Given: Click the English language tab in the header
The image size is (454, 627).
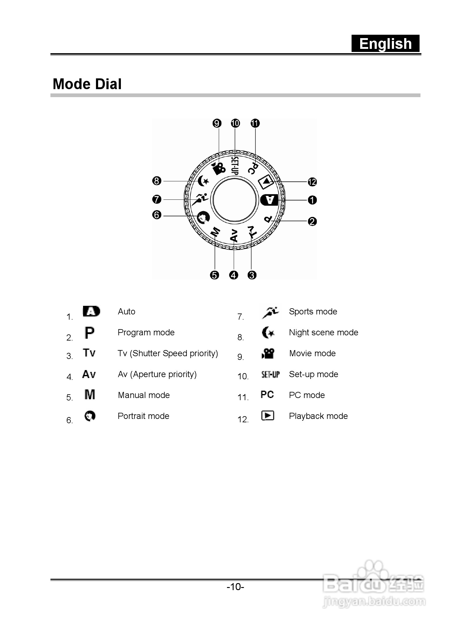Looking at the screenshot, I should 385,44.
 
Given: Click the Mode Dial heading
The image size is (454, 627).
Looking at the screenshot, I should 87,84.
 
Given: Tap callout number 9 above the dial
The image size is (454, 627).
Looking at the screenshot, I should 217,123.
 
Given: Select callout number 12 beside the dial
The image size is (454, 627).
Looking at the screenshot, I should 312,182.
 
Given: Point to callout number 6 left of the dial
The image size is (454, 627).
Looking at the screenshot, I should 157,215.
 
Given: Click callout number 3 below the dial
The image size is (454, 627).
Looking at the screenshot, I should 252,275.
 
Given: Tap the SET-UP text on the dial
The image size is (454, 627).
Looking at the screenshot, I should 234,165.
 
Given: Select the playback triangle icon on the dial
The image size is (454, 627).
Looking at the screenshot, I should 266,182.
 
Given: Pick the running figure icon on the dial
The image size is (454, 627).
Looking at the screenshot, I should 200,199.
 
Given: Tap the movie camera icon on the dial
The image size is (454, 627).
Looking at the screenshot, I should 219,168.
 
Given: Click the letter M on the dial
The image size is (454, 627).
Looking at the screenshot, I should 215,231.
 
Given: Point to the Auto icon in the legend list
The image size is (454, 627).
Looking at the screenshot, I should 91,311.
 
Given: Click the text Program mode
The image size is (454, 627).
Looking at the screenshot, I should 146,332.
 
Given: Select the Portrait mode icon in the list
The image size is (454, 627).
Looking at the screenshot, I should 90,416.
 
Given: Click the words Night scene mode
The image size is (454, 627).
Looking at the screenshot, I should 324,332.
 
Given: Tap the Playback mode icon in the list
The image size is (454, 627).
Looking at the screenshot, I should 267,416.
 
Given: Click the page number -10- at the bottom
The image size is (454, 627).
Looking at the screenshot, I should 235,587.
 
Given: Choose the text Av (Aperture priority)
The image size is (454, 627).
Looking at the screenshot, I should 157,374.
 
